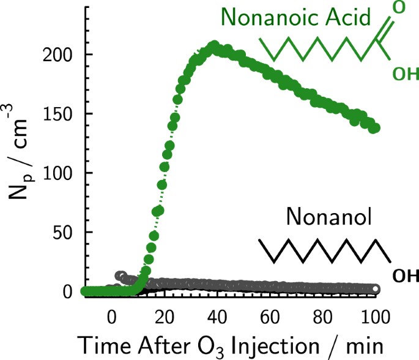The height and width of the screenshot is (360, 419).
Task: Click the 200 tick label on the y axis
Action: (60, 56)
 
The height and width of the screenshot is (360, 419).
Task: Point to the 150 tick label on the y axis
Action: (60, 114)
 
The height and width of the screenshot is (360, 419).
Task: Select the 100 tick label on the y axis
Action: (60, 174)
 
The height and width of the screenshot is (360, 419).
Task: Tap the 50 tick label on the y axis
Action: (65, 233)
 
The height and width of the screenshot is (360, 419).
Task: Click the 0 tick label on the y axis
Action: (70, 292)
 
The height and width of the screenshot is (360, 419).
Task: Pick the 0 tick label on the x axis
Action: (111, 318)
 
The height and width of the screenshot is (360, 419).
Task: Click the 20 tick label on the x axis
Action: (164, 318)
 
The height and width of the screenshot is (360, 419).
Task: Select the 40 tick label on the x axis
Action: (217, 318)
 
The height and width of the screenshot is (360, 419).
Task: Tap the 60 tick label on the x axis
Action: (270, 318)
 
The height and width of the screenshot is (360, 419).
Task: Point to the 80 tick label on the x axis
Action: (322, 318)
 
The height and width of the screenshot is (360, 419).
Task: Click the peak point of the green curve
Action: (214, 46)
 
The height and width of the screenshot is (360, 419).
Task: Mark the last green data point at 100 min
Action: (375, 128)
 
